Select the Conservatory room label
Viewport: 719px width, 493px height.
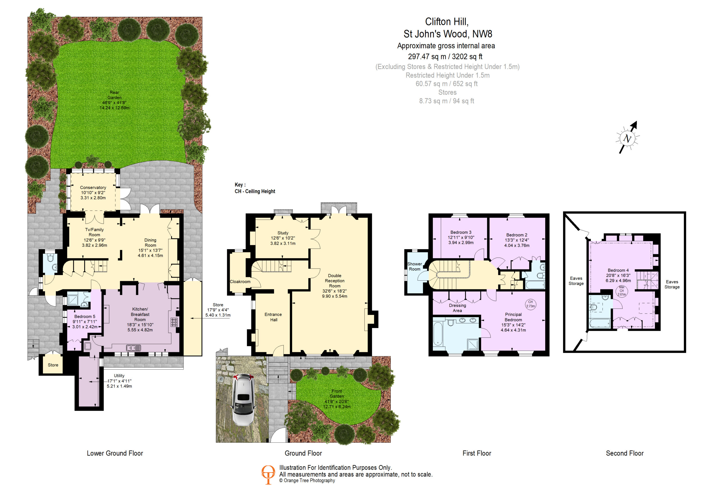pos(93,188)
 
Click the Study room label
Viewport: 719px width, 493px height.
pos(283,233)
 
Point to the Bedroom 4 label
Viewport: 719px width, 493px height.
pos(618,270)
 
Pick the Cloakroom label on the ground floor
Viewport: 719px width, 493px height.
pos(240,282)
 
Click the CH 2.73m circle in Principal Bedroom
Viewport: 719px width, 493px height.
pos(531,304)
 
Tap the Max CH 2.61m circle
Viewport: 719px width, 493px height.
pos(622,291)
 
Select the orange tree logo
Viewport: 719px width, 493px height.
pos(268,474)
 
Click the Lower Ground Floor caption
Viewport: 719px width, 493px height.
pos(115,453)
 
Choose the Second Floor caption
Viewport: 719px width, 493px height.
pos(625,453)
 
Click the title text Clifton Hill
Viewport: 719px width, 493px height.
pos(447,22)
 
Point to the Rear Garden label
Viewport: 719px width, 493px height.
pos(115,95)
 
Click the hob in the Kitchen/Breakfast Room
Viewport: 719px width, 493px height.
pos(174,322)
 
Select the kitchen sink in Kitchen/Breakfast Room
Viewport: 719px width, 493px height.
pos(133,348)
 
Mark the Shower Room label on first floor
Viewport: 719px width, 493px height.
pos(415,267)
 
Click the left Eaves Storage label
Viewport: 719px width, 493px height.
pos(576,281)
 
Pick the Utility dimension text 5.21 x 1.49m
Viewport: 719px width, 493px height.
pos(119,386)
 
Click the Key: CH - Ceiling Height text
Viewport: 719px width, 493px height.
pos(255,188)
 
